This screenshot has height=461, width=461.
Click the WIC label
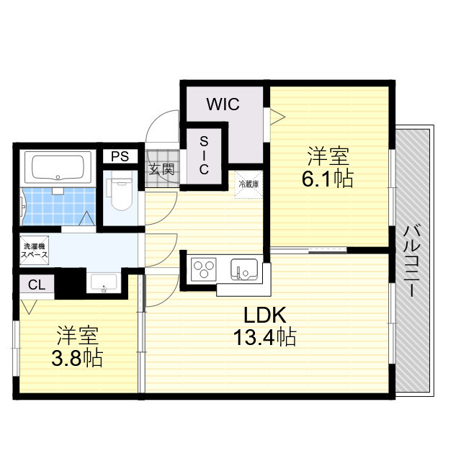223,104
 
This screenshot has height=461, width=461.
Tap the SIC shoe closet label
204,156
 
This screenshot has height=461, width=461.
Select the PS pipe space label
120,156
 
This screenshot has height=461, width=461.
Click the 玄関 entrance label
161,170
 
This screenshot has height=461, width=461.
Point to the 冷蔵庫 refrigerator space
249,184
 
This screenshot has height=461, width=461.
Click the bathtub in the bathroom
58,167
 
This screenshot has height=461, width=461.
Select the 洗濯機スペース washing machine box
34,250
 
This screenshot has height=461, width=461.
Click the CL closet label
37,285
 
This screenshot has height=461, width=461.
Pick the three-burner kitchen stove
203,269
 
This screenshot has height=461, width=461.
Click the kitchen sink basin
244,269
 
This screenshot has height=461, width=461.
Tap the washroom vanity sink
104,283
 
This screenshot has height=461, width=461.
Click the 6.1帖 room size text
328,179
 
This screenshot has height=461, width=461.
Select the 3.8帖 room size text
77,358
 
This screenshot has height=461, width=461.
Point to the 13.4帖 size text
264,336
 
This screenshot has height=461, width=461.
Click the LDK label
265,315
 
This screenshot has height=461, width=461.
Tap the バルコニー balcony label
413,261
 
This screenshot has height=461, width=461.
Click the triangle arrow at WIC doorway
278,117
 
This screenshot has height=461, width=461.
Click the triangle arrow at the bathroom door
87,218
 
